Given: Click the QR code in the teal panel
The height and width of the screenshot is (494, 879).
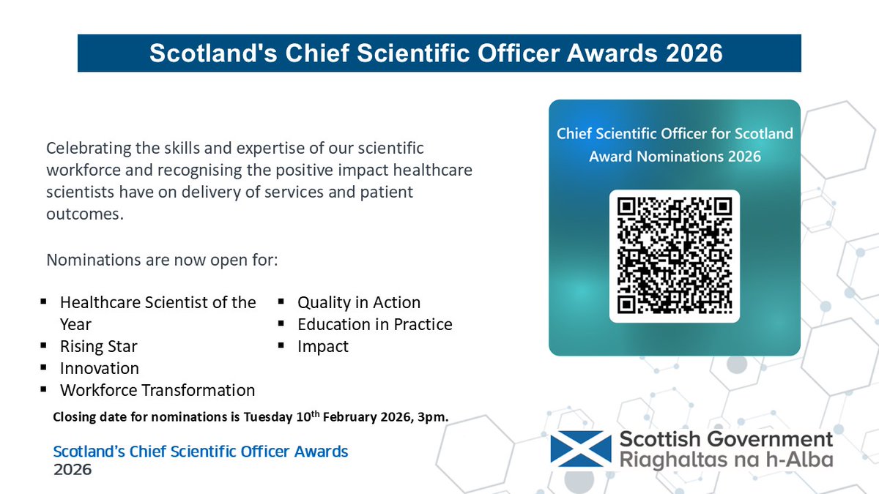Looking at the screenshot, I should point(674,255).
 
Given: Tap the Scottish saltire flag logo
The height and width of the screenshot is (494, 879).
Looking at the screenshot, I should point(580,449).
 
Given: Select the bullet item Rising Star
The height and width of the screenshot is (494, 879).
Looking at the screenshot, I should point(98,346).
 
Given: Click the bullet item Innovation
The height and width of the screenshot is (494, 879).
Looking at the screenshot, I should point(99,368).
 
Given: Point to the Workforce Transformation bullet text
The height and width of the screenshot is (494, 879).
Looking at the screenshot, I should point(157,390).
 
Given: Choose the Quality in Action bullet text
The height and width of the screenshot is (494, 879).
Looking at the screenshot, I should point(359,302).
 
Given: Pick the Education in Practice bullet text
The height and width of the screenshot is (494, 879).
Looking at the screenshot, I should point(374,324).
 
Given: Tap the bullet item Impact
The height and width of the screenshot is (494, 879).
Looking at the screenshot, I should point(323,346).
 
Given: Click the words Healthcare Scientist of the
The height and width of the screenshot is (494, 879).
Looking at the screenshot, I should point(157,302).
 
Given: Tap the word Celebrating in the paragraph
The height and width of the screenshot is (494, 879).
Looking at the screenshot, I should point(89,148).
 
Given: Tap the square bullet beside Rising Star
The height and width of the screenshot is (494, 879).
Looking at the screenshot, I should point(45,345).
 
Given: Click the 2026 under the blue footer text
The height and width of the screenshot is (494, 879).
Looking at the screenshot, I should point(73,469).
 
